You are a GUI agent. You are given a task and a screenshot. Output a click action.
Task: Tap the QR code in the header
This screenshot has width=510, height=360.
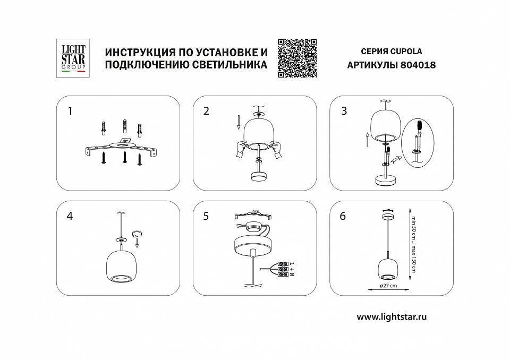pyautogui.click(x=297, y=58)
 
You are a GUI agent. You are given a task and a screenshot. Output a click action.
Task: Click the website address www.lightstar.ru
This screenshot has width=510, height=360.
pyautogui.click(x=392, y=316)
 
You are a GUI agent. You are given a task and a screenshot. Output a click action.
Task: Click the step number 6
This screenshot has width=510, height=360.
pyautogui.click(x=343, y=216)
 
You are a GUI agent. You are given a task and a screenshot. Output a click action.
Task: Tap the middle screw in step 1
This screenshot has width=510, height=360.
pyautogui.click(x=124, y=157)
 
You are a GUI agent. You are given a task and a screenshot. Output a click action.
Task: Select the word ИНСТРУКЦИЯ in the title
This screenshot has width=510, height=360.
pyautogui.click(x=140, y=53)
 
